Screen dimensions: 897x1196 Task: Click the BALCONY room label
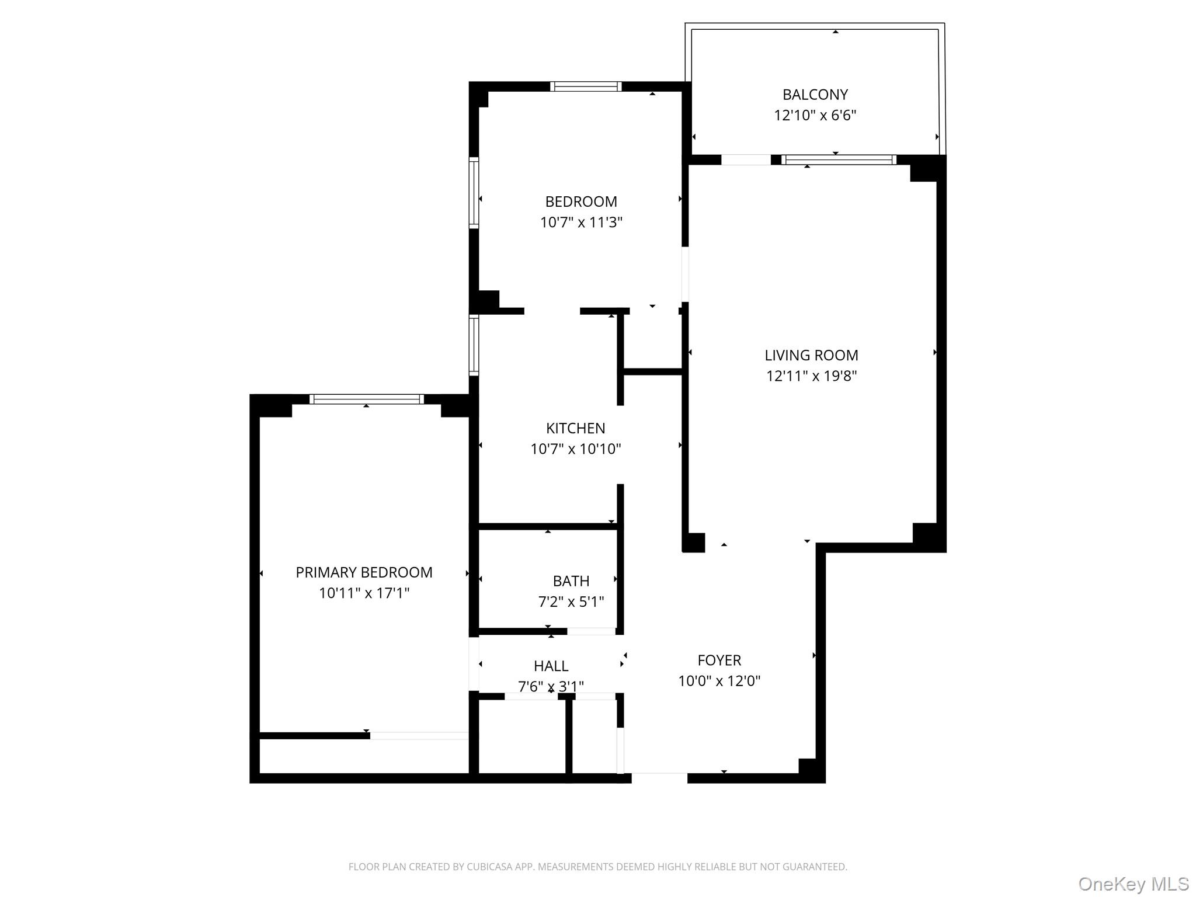(x=815, y=95)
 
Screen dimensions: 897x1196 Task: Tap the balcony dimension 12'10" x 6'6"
(x=815, y=115)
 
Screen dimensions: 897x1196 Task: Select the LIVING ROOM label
(x=811, y=355)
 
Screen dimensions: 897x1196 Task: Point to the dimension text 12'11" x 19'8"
(x=811, y=376)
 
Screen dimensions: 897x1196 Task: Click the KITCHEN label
(x=575, y=428)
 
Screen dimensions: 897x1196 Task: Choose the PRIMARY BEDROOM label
(x=364, y=572)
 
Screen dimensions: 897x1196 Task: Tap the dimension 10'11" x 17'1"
(x=364, y=593)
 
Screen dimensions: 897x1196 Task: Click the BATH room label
(x=571, y=581)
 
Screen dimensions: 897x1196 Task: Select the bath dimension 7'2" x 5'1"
(x=571, y=602)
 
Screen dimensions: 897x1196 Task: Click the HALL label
(x=551, y=666)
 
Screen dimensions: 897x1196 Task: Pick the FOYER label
(x=719, y=660)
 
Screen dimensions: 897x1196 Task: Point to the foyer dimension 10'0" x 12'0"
(x=719, y=680)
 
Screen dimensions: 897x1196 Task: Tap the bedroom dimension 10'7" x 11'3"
(x=581, y=222)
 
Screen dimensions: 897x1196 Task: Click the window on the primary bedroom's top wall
(x=366, y=399)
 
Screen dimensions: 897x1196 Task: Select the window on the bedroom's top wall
(x=585, y=86)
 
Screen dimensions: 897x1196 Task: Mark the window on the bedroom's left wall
(x=474, y=193)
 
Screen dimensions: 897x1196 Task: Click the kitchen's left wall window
(x=474, y=345)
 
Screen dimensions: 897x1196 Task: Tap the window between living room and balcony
(x=838, y=159)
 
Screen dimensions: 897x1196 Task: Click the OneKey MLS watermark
(x=1133, y=884)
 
